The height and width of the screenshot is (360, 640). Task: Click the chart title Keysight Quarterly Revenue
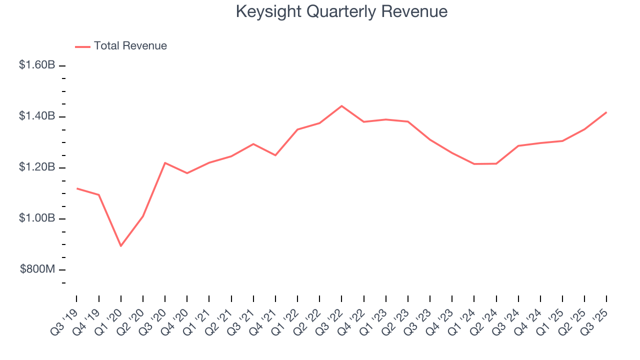point(341,11)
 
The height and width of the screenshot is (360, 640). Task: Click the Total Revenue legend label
point(130,46)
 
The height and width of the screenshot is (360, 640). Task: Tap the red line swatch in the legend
point(82,46)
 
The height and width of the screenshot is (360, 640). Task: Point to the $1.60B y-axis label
point(37,65)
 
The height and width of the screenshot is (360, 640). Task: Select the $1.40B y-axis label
point(37,116)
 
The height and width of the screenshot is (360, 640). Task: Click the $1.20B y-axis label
point(37,167)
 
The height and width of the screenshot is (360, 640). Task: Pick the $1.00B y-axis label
point(37,218)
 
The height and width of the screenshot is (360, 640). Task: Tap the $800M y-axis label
point(37,269)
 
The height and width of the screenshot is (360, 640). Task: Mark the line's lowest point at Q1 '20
point(120,246)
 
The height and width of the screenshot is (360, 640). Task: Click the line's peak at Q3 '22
point(341,106)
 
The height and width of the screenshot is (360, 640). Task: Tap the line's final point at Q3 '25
point(606,112)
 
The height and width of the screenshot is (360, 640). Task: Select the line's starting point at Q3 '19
point(76,188)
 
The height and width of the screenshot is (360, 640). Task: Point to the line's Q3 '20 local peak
point(165,162)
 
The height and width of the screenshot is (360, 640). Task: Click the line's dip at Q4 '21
point(275,155)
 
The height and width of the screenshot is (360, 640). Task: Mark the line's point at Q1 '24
point(474,164)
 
